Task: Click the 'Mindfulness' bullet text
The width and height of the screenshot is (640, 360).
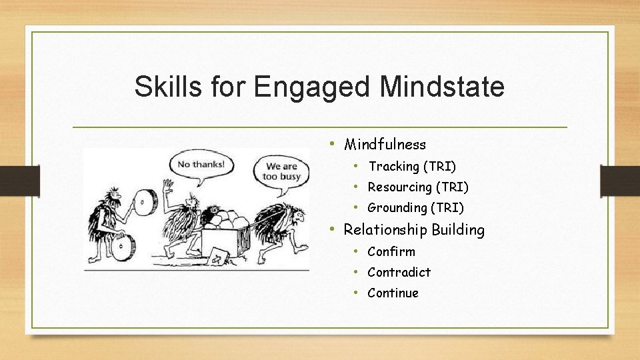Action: [385, 144]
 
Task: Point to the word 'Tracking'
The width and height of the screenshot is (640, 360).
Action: [393, 166]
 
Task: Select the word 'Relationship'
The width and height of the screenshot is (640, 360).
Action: [385, 230]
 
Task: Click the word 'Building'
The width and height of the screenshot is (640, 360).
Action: [458, 230]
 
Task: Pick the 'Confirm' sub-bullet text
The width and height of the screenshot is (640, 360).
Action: [391, 251]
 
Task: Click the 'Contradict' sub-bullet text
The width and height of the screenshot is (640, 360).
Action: [399, 272]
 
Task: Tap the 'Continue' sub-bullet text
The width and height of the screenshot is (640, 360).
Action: [393, 293]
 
